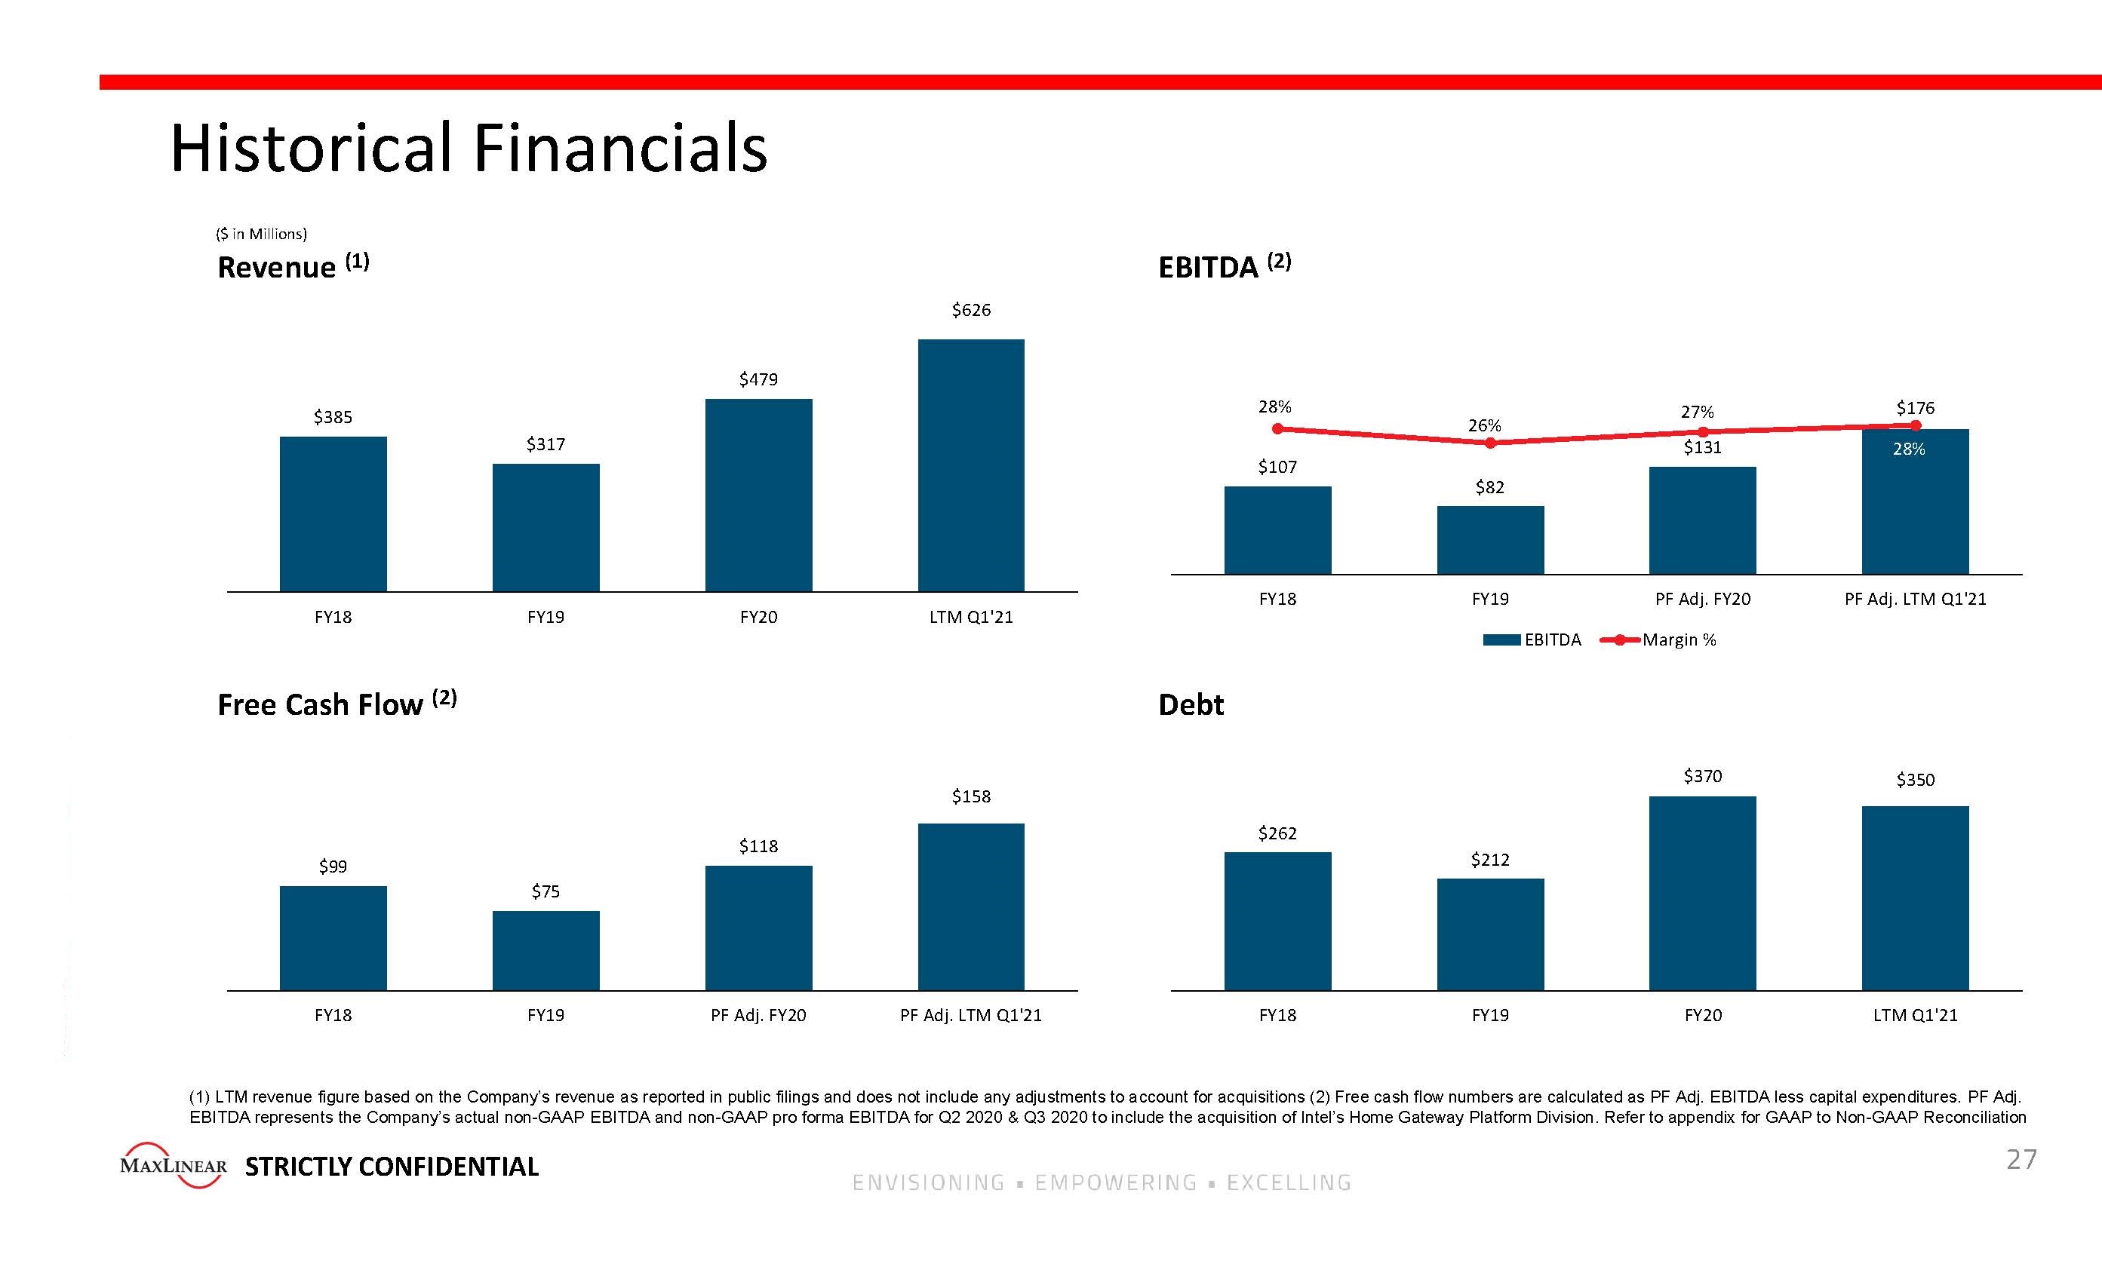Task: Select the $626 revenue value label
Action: (x=971, y=311)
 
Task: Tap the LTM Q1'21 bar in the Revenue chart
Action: (x=971, y=465)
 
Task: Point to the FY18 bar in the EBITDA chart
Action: (x=1277, y=529)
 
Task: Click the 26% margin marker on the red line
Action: (x=1489, y=443)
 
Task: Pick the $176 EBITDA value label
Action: (x=1915, y=408)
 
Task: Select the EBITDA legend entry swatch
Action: (x=1501, y=640)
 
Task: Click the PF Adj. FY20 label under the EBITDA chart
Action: (x=1703, y=599)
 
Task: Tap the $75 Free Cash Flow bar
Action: (x=546, y=950)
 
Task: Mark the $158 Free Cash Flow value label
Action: (x=971, y=796)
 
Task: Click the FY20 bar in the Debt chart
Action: (x=1703, y=893)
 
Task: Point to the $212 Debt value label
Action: (x=1489, y=860)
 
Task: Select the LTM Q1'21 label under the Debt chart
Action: (x=1915, y=1015)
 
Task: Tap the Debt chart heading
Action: (x=1191, y=704)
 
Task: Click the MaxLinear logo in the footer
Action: (x=174, y=1165)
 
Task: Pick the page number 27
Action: (x=2021, y=1160)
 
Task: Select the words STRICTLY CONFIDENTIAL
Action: (x=392, y=1167)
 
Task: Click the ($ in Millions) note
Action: (x=261, y=234)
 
